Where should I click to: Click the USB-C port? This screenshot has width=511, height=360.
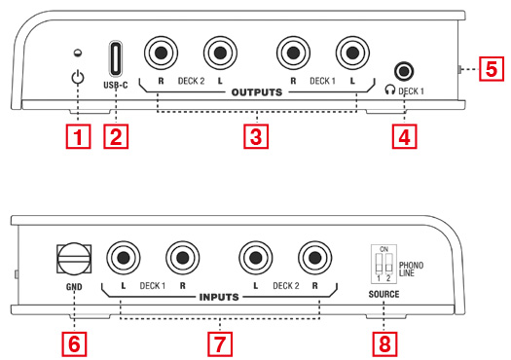[x=116, y=58]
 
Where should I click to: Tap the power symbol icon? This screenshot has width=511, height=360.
[x=78, y=78]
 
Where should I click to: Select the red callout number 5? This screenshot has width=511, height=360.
[x=492, y=68]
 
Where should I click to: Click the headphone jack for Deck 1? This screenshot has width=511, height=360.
[x=404, y=70]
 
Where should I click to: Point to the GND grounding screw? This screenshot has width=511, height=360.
[x=74, y=259]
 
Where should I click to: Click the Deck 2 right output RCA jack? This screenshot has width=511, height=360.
[x=161, y=53]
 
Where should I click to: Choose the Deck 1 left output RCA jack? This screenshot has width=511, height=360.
[x=352, y=53]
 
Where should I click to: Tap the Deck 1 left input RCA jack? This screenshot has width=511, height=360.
[x=124, y=258]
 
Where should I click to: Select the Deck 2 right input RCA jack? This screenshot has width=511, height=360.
[x=314, y=258]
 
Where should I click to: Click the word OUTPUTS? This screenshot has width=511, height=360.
[x=257, y=92]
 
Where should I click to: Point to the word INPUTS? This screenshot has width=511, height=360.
[x=219, y=297]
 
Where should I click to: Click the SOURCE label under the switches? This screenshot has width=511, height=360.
[x=383, y=294]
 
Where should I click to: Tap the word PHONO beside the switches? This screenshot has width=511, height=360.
[x=412, y=266]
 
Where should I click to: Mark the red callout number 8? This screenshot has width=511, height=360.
[x=384, y=344]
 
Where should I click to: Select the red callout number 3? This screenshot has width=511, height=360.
[x=256, y=136]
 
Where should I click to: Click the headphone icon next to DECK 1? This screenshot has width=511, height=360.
[x=389, y=90]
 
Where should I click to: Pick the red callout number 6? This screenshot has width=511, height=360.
[x=74, y=344]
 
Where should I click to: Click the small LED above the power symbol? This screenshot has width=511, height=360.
[x=78, y=53]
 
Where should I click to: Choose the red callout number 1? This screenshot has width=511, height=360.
[x=78, y=136]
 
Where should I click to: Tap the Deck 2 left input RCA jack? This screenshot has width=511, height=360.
[x=255, y=258]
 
